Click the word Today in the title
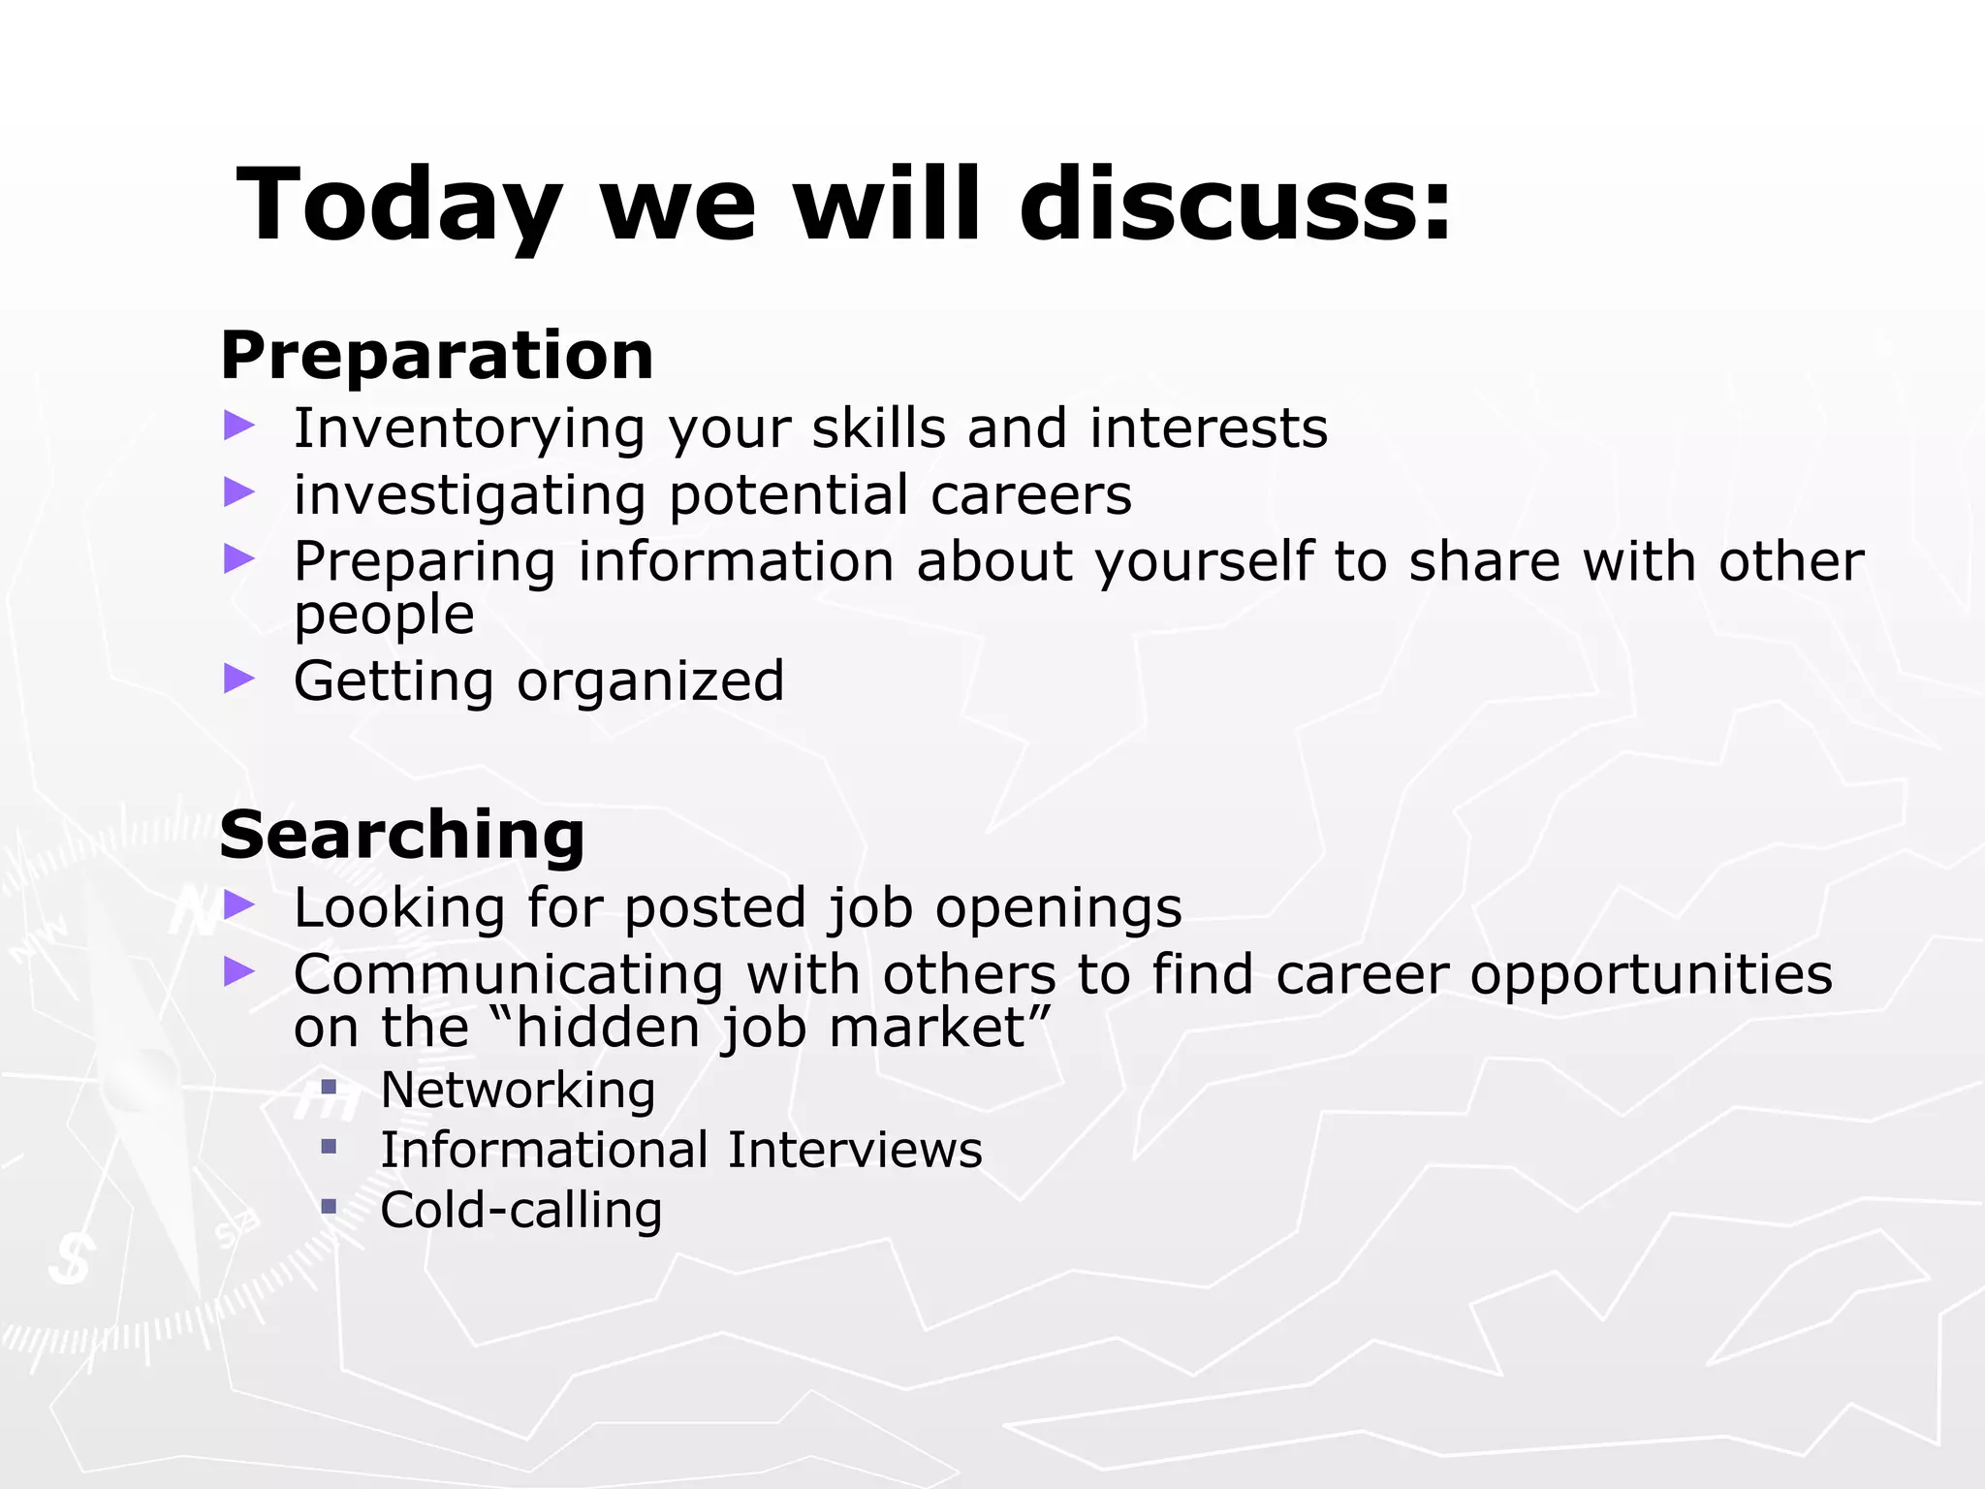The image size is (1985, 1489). [398, 206]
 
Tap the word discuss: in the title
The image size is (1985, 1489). [1236, 206]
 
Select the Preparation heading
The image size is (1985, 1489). [437, 355]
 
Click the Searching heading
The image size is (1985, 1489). [402, 835]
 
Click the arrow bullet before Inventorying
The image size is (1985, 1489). [238, 425]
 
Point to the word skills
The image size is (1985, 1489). [878, 428]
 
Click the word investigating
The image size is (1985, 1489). [469, 495]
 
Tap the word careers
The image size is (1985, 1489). [1031, 495]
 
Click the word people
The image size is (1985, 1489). [384, 616]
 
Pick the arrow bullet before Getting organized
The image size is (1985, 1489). [238, 678]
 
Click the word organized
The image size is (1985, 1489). [650, 682]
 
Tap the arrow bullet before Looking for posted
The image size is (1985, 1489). [238, 904]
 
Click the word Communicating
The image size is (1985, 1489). [508, 974]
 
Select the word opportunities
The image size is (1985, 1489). [1651, 976]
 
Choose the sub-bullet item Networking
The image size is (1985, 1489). [518, 1091]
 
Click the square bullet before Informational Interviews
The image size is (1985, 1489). [329, 1147]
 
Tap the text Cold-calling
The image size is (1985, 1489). [520, 1211]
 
